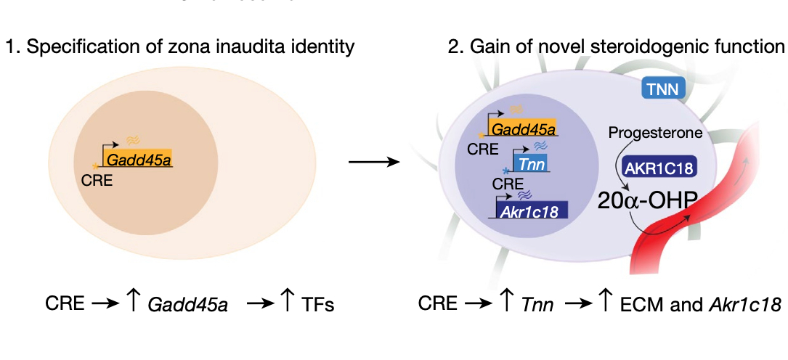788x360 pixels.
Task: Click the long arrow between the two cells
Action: [374, 161]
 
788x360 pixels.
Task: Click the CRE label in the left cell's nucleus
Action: [97, 181]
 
